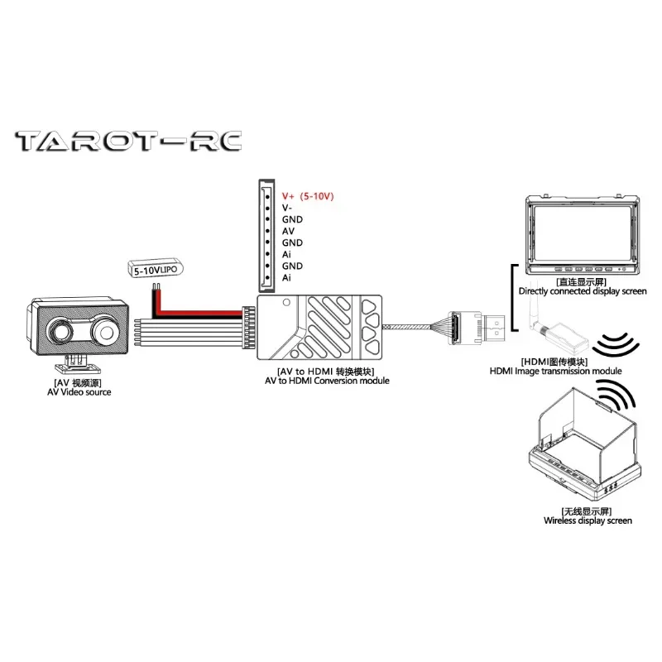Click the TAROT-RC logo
click(x=128, y=141)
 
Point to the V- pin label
click(x=287, y=209)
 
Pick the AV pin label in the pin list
click(x=288, y=232)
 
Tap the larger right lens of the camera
click(x=106, y=330)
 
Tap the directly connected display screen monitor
click(x=584, y=235)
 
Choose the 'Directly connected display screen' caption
click(x=583, y=291)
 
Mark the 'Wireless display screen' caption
click(x=588, y=520)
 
